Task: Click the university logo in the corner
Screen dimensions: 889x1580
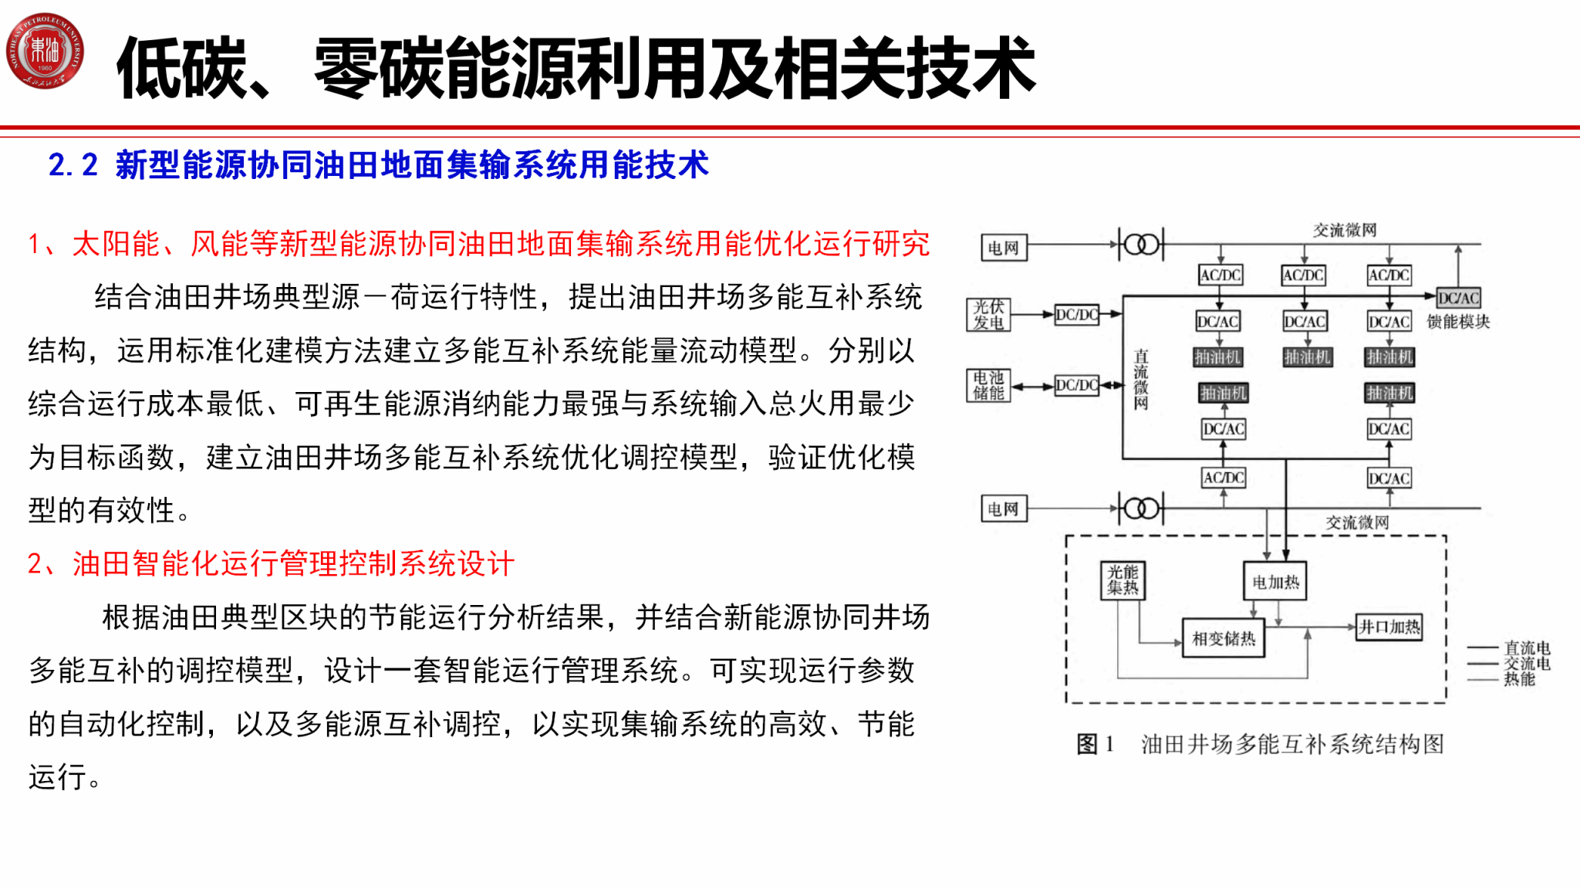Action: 45,51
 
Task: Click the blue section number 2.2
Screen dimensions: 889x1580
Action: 73,165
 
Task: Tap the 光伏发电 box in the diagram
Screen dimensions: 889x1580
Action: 988,315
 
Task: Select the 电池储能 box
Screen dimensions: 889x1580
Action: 988,385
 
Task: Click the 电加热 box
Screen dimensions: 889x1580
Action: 1275,582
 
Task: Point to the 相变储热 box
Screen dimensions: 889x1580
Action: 1223,638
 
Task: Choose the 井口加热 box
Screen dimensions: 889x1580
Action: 1389,627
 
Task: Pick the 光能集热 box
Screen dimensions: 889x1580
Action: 1123,580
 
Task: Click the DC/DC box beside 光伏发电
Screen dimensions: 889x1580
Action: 1077,315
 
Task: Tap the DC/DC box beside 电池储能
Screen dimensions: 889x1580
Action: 1077,385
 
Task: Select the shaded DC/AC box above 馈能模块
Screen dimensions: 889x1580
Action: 1458,298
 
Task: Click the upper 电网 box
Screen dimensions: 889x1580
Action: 1004,248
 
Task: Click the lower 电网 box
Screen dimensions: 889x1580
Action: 1004,509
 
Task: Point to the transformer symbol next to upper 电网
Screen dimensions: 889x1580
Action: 1141,245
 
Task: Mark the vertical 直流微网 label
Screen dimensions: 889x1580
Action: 1141,379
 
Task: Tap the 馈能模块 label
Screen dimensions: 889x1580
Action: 1458,322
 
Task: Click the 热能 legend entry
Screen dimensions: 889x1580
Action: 1518,679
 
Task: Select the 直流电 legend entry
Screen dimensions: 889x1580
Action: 1526,647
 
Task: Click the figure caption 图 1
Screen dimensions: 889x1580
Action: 1095,744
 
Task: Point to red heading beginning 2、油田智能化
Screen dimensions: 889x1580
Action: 271,564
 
